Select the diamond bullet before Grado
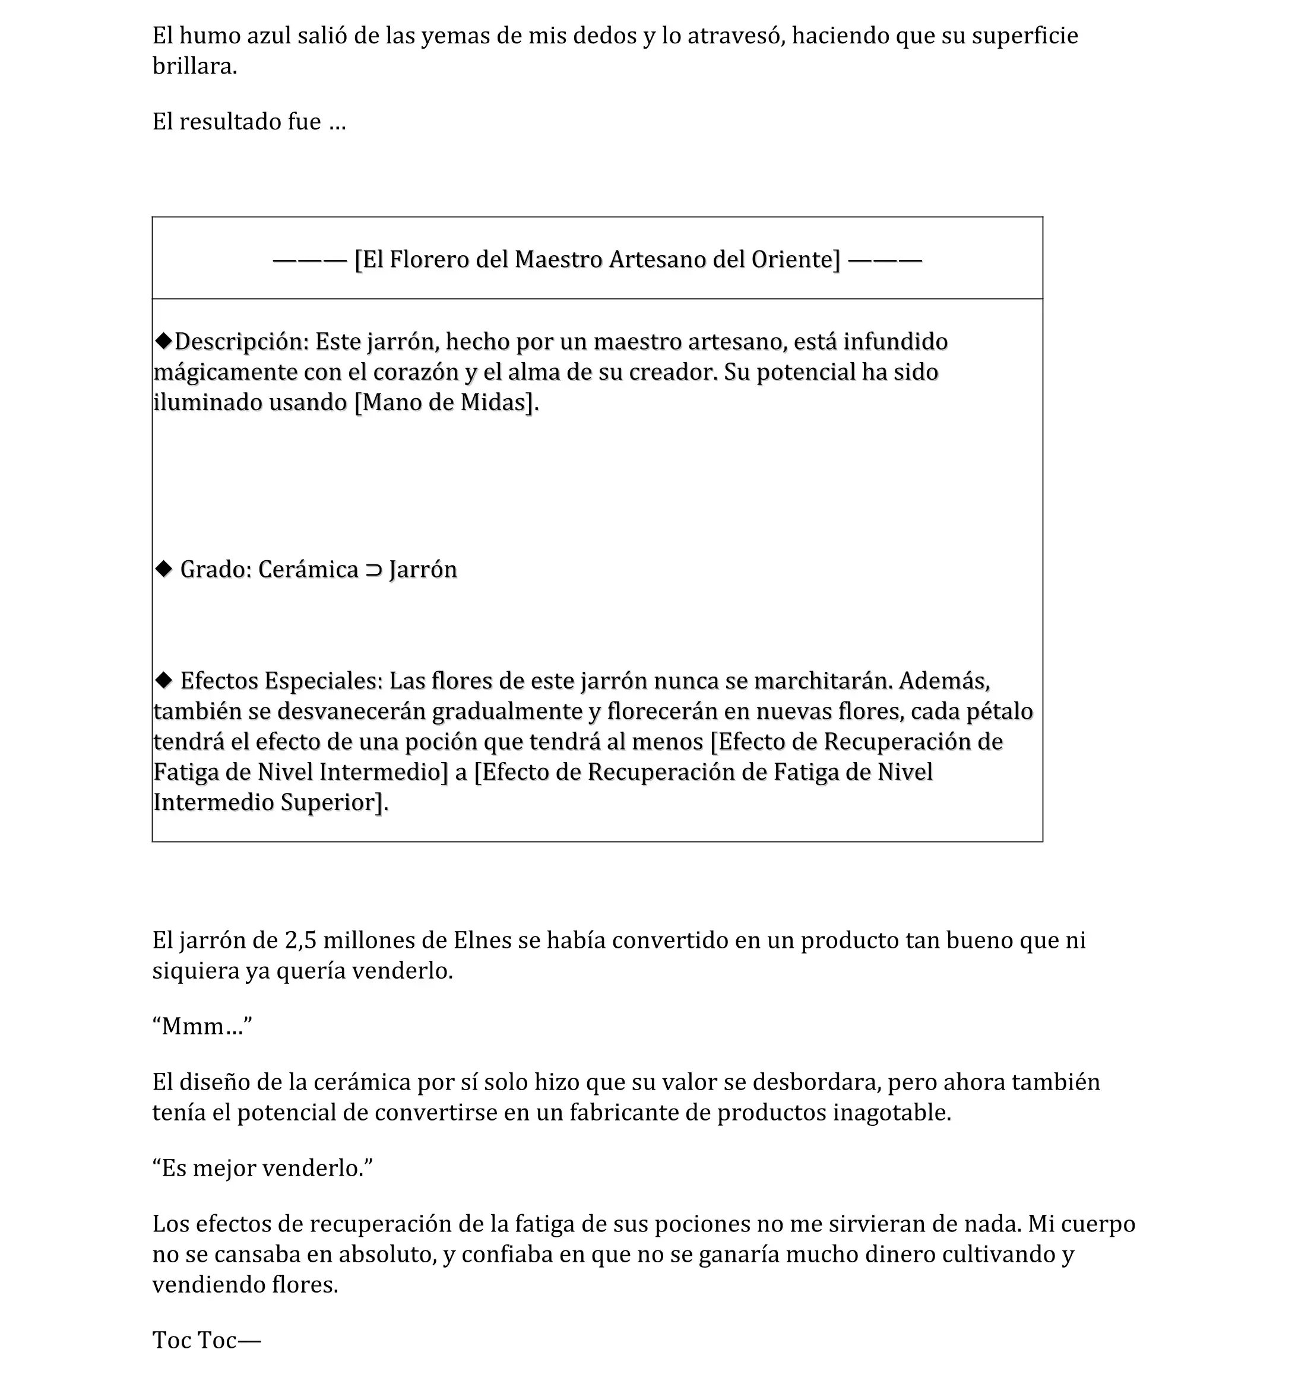[x=164, y=569]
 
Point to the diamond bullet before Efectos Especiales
[x=164, y=680]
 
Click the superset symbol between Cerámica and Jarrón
[x=374, y=570]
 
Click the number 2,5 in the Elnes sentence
[x=300, y=940]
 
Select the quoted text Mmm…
[x=202, y=1026]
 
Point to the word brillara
[x=194, y=66]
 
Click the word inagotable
[x=891, y=1112]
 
